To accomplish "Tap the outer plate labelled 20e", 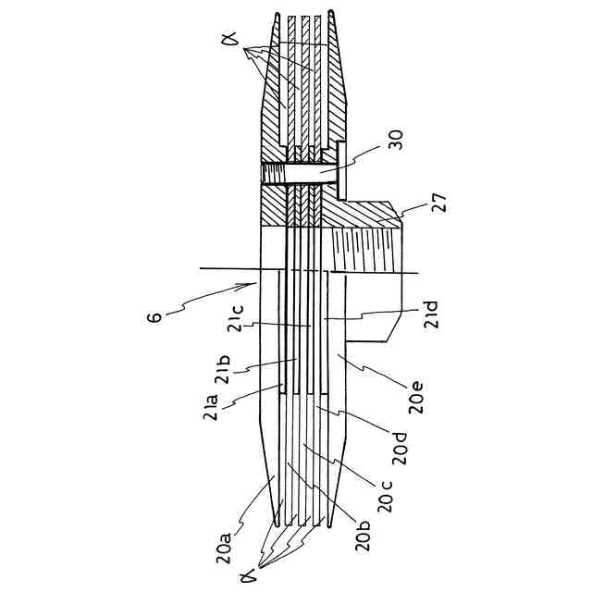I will [356, 370].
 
